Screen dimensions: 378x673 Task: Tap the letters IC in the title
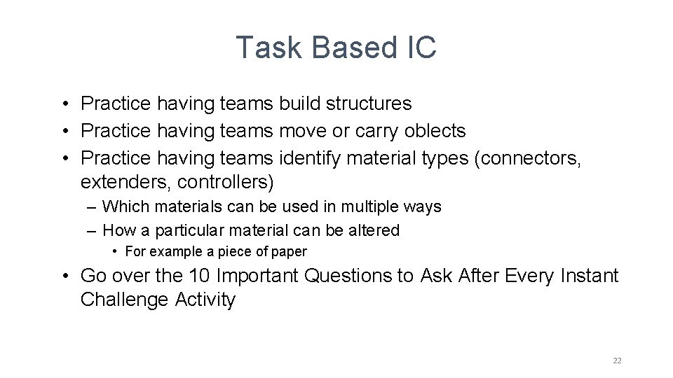point(421,48)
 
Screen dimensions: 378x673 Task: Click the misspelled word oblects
point(435,131)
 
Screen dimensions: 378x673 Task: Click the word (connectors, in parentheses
point(528,158)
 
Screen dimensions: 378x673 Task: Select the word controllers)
point(226,182)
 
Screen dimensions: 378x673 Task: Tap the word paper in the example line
point(290,251)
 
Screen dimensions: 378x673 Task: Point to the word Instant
point(590,276)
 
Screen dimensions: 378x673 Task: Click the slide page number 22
point(617,360)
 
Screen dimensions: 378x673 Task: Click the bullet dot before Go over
point(64,276)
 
